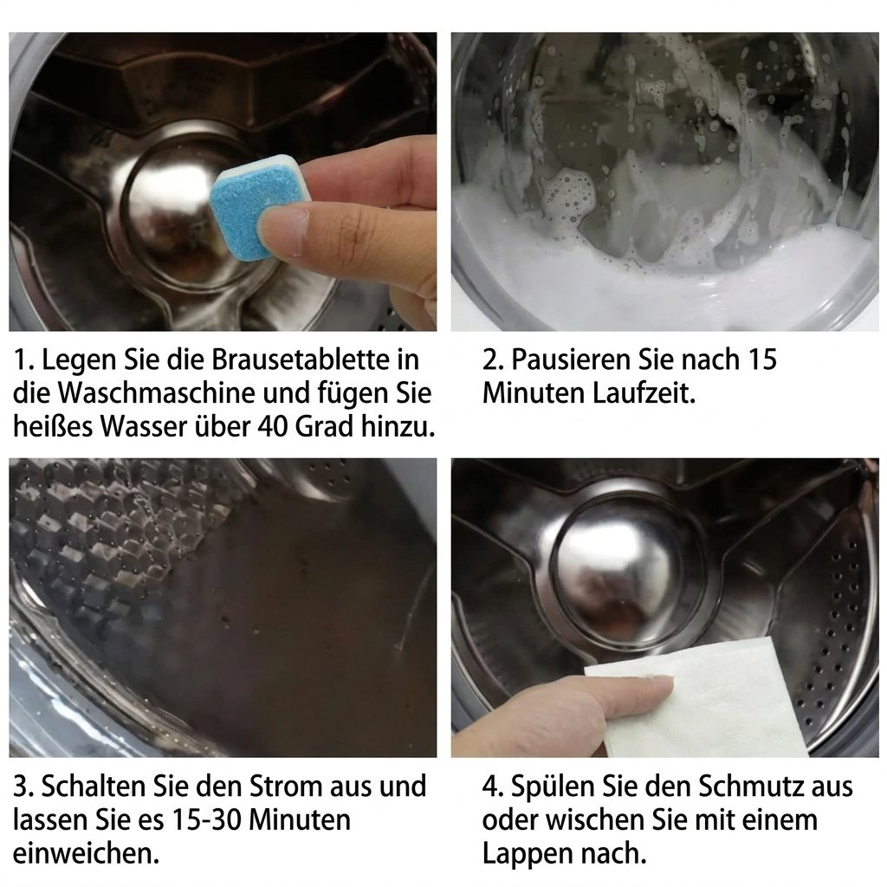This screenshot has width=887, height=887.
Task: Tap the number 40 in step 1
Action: (x=274, y=426)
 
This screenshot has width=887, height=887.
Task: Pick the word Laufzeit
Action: (x=644, y=392)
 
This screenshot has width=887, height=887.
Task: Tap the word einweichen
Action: (x=86, y=853)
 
